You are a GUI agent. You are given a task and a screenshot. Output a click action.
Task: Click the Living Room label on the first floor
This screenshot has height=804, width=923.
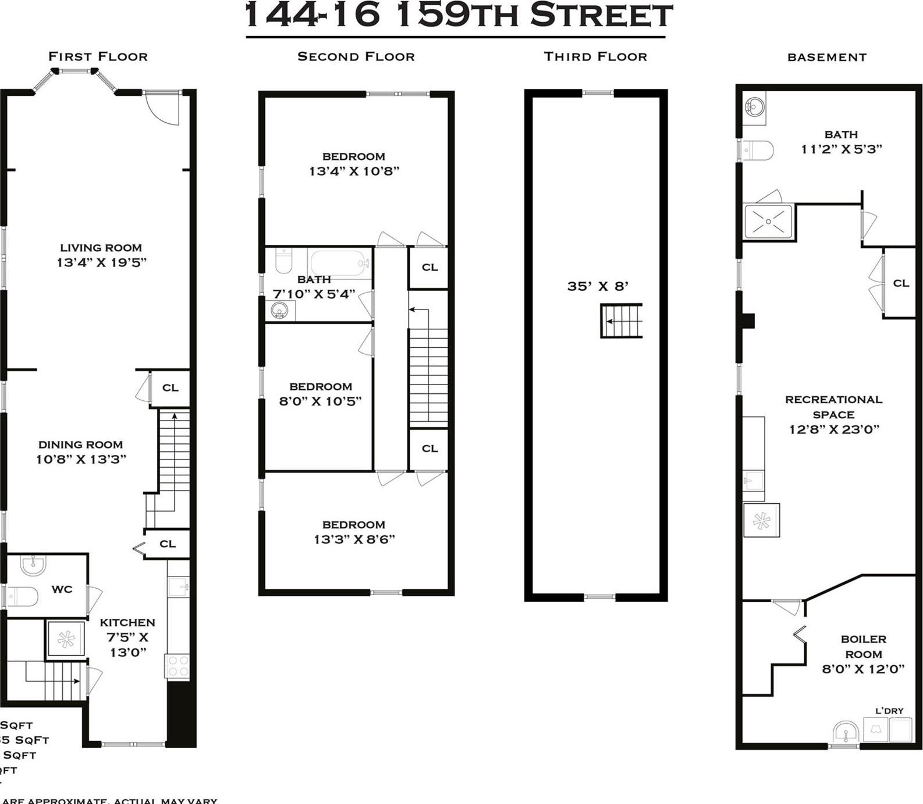coord(101,248)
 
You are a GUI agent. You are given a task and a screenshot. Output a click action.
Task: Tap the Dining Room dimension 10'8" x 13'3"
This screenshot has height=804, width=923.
coord(81,459)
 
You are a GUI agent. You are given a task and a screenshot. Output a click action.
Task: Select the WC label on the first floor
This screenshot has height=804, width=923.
coord(62,589)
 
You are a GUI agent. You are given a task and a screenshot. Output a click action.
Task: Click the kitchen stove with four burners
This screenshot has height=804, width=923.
coord(177,666)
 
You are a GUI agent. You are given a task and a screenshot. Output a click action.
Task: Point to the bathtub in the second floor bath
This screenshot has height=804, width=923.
coord(339,263)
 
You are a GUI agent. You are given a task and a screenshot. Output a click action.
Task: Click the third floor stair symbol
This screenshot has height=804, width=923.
coord(622,321)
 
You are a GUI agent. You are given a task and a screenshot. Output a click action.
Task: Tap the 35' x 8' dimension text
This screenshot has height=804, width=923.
coord(598,286)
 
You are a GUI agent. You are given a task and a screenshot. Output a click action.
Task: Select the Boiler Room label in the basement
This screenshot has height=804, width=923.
coord(864,646)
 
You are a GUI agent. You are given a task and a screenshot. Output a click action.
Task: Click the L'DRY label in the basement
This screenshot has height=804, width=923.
coord(889,710)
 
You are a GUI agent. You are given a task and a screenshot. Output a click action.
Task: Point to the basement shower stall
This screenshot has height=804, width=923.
coord(768,221)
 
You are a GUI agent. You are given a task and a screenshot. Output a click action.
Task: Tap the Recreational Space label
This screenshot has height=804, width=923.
coord(833,407)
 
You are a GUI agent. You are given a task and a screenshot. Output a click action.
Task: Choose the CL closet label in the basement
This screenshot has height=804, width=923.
coord(901,283)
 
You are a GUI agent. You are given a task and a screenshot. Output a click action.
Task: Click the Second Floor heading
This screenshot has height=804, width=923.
coord(356,57)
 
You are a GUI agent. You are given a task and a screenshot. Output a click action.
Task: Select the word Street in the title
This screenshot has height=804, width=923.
coord(601,16)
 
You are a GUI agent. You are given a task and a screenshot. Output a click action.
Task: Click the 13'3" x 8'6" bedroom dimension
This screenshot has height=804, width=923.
coord(354,539)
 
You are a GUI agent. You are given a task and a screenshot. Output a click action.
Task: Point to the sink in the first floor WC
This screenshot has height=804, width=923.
coord(33,564)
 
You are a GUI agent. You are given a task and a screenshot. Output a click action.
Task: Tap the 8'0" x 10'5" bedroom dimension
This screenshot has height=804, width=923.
coord(320,401)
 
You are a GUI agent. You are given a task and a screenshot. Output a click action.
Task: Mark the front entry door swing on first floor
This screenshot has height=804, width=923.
coord(161,108)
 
